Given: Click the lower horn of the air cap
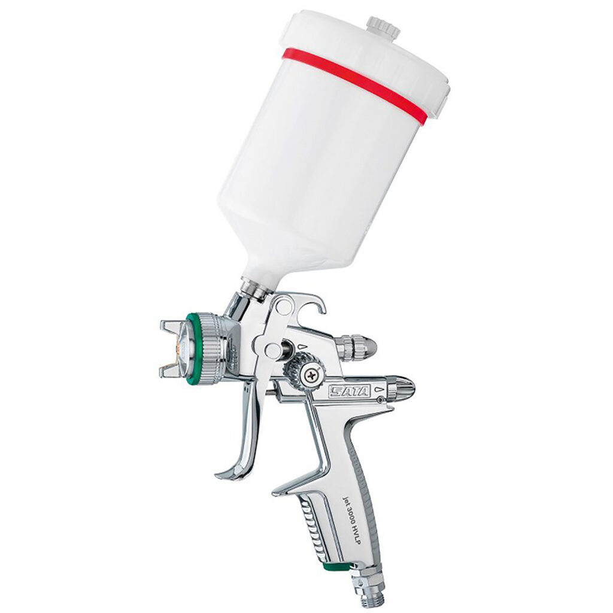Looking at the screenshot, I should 171,371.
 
